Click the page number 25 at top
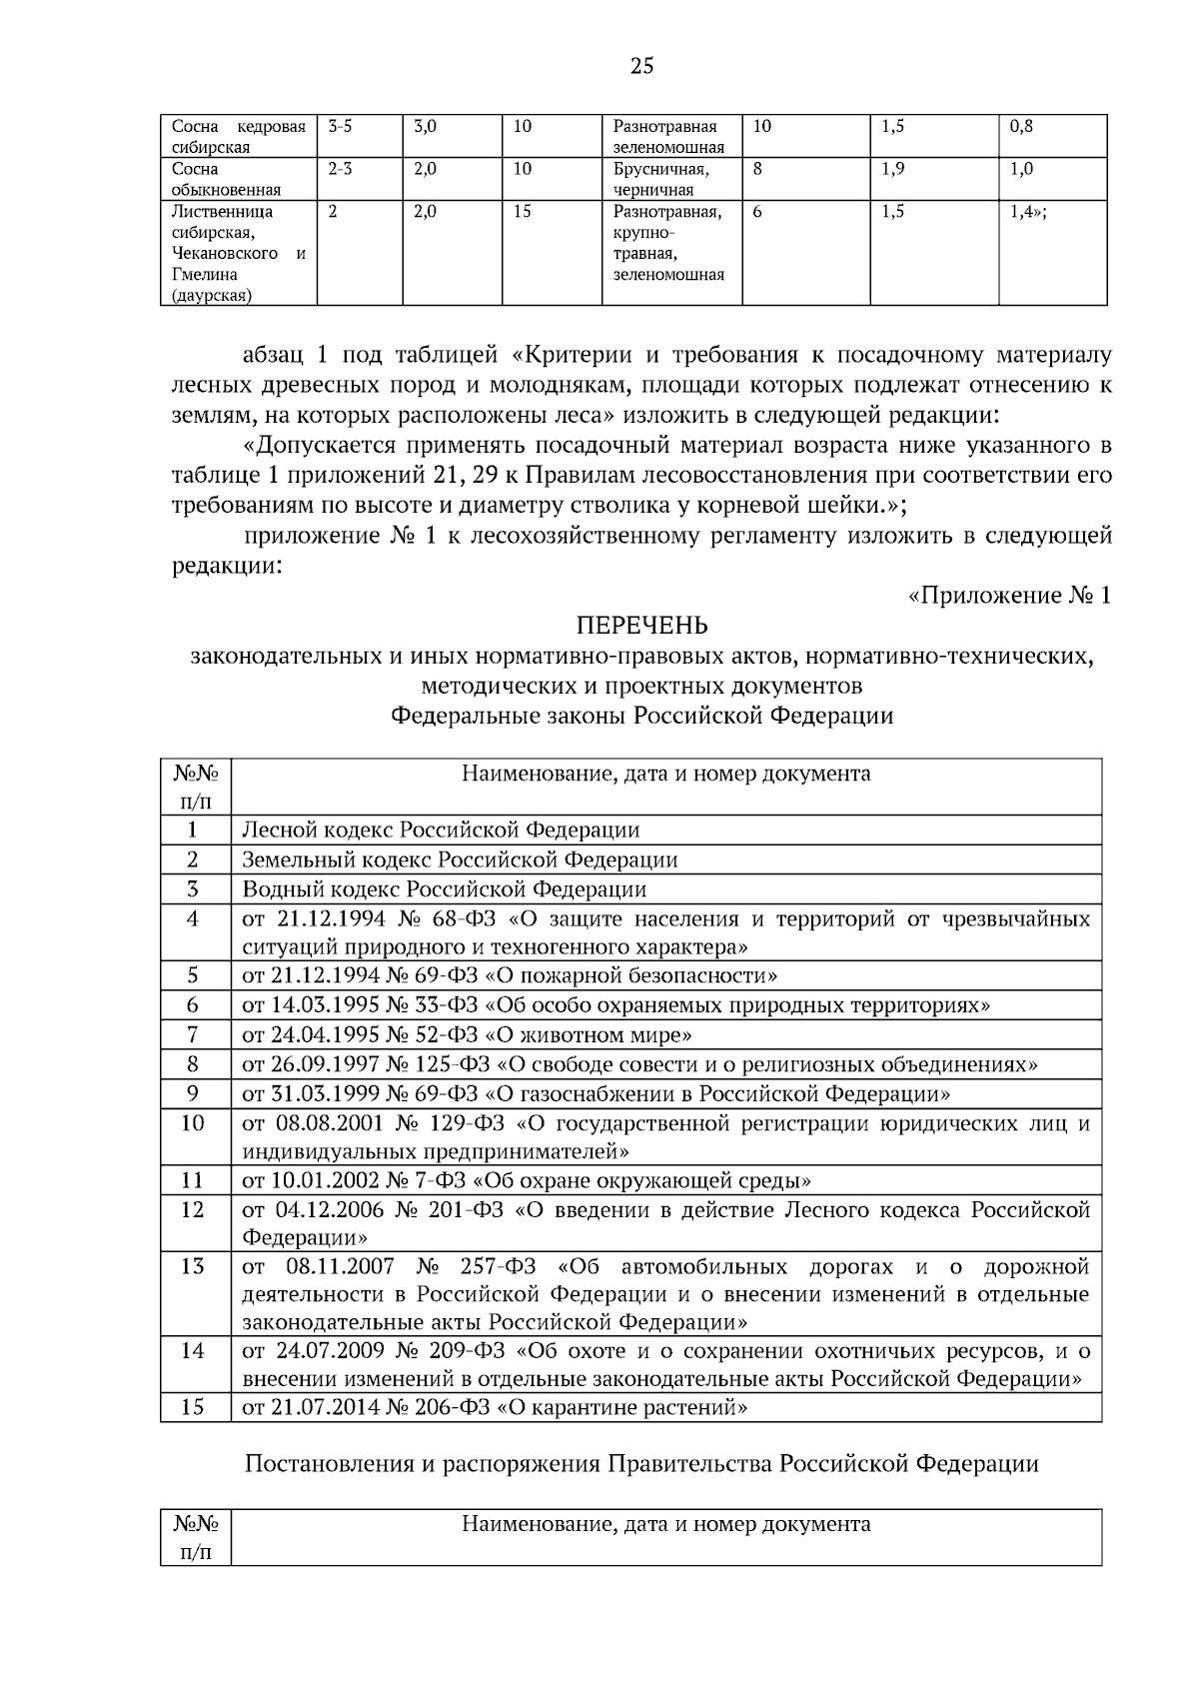(641, 67)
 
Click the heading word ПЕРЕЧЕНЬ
(641, 626)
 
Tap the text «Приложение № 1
(1008, 596)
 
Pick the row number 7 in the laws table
(193, 1034)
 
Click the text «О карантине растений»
(623, 1407)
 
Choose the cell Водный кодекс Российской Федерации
(444, 889)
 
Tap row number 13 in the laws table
(193, 1267)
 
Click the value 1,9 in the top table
(893, 169)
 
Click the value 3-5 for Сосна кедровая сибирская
(340, 127)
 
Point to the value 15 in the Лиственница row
(522, 212)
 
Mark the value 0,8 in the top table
(1021, 127)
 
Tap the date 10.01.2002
(318, 1180)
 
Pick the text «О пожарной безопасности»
(637, 975)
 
